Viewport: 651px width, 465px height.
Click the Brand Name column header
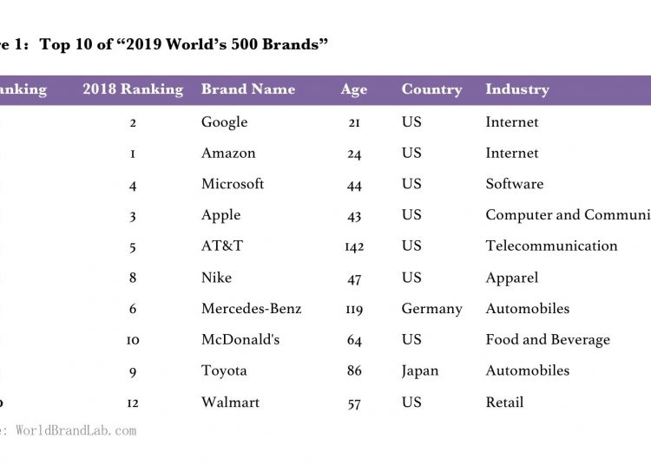[x=247, y=89]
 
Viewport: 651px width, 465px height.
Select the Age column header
[x=354, y=89]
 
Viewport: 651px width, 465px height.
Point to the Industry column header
[x=517, y=89]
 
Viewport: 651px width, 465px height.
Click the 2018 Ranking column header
[x=133, y=89]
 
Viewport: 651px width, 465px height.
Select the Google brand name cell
[x=224, y=122]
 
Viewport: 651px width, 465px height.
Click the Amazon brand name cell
[x=228, y=154]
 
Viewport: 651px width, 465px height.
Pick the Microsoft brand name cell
[x=233, y=184]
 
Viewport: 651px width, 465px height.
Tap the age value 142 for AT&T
[x=354, y=246]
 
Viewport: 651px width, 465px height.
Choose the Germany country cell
[x=431, y=309]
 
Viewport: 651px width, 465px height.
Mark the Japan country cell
[x=421, y=370]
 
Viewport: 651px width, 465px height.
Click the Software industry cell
[x=515, y=184]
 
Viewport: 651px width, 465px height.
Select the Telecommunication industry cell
[x=551, y=246]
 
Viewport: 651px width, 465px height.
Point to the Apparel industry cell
[x=512, y=278]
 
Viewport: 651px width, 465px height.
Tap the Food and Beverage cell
[x=548, y=339]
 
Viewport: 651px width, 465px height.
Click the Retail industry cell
[x=504, y=402]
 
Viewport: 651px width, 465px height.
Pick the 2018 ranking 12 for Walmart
[x=133, y=403]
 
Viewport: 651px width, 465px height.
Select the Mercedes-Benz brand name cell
[x=251, y=309]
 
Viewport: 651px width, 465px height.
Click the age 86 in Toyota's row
[x=354, y=371]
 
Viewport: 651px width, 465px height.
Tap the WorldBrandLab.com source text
[x=76, y=429]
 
